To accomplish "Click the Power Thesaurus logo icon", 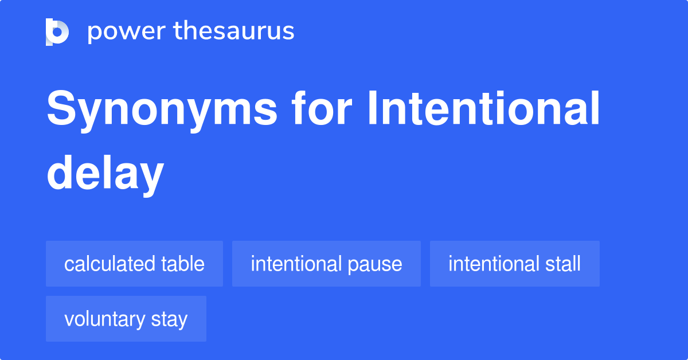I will pyautogui.click(x=57, y=32).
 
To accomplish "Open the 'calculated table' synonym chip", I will pyautogui.click(x=134, y=264).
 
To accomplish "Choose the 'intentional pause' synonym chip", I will pyautogui.click(x=326, y=264).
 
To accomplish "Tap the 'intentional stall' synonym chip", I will pyautogui.click(x=514, y=264).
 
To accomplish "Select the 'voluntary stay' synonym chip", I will pyautogui.click(x=126, y=319).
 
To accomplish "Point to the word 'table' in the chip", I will pyautogui.click(x=183, y=264).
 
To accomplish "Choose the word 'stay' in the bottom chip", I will pyautogui.click(x=169, y=319).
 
